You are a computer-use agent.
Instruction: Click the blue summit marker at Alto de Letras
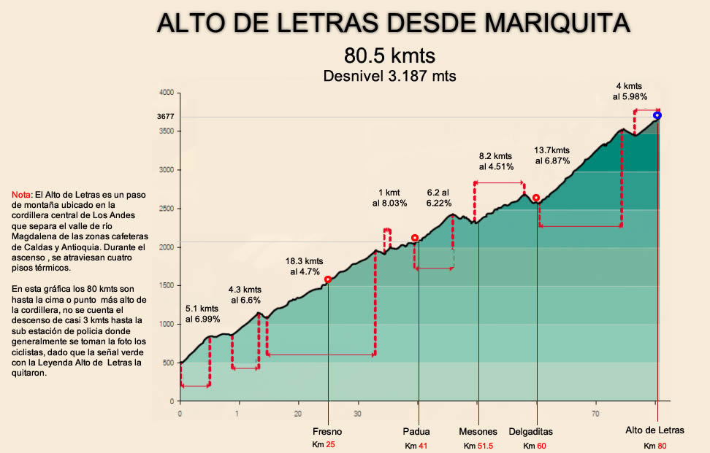coord(657,115)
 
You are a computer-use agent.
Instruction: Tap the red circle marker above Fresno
coord(328,279)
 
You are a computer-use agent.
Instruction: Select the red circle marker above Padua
coord(415,238)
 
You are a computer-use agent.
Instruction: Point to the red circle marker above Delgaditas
coord(536,198)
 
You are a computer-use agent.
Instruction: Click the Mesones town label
coord(478,432)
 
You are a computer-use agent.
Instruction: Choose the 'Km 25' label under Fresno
coord(324,444)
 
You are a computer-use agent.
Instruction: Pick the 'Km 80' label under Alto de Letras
coord(654,445)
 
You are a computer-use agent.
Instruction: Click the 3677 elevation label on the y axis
coord(165,116)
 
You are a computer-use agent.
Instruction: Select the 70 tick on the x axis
coord(596,414)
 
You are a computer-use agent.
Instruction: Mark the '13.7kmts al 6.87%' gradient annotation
coord(552,155)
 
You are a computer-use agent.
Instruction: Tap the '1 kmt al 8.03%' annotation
coord(389,198)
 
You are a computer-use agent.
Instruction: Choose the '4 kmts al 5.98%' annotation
coord(630,90)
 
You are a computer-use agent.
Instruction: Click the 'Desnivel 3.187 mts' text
coord(389,75)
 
